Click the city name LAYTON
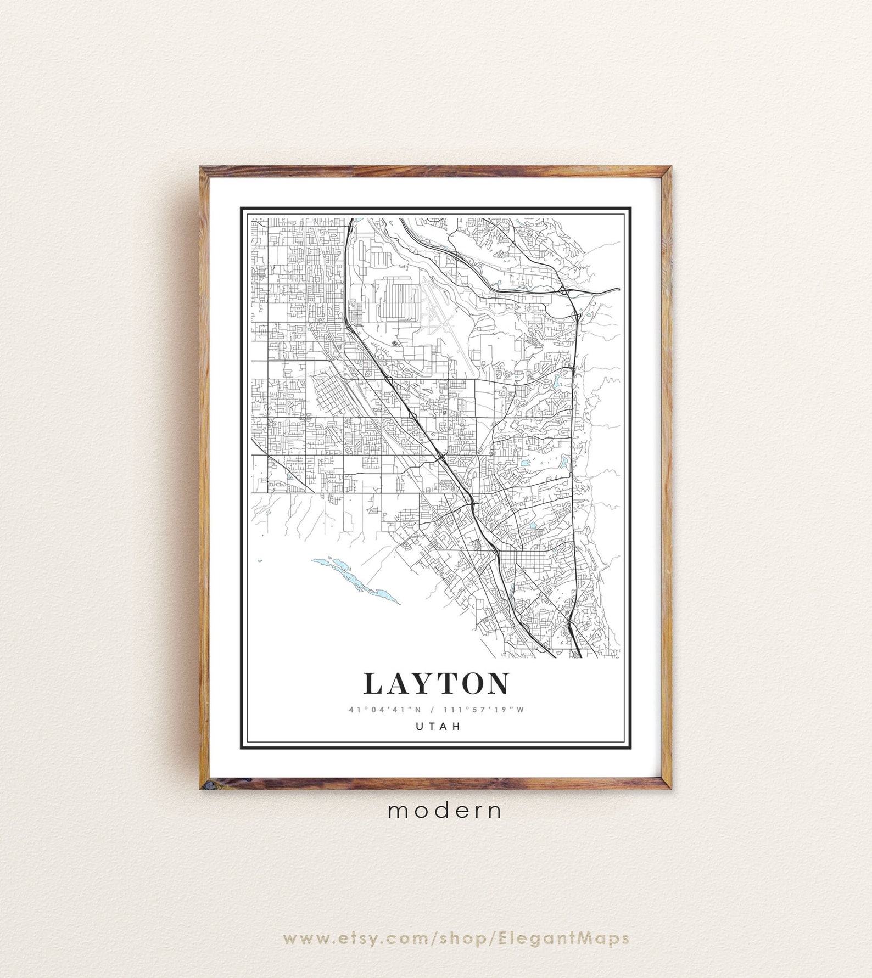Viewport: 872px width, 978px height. (x=436, y=683)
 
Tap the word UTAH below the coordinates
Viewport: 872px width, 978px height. (x=437, y=726)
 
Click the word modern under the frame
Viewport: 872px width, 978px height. (x=445, y=810)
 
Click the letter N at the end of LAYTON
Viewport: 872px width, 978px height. (x=498, y=683)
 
